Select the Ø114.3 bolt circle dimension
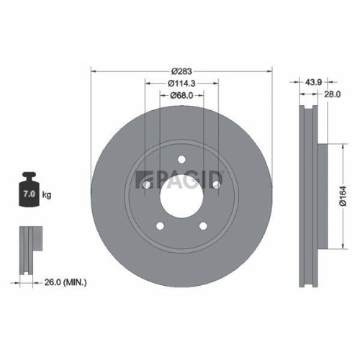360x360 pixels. point(181,84)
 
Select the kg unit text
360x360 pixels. point(47,195)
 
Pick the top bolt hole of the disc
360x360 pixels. point(181,160)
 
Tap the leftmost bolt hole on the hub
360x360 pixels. point(147,185)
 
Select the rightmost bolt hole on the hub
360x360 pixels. point(215,185)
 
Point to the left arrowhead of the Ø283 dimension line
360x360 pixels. point(93,69)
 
